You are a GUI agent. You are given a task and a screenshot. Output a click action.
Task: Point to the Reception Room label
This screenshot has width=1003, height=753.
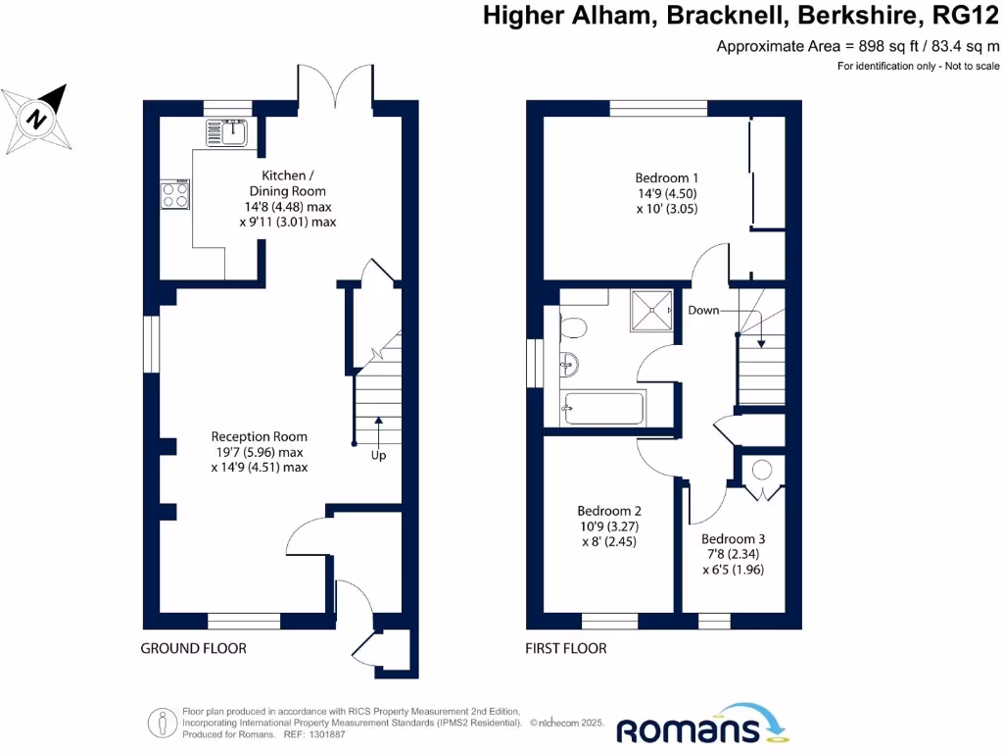click(260, 436)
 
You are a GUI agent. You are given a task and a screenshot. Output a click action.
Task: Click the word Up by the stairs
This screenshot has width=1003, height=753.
click(378, 456)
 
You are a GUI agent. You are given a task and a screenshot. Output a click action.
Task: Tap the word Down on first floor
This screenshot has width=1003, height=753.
click(703, 310)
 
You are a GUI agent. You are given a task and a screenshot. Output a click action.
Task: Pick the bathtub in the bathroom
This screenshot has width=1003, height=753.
click(603, 408)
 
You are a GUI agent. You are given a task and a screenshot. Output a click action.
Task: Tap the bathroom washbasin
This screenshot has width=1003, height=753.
click(569, 365)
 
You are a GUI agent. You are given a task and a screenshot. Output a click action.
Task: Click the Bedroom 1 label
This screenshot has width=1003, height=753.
click(667, 177)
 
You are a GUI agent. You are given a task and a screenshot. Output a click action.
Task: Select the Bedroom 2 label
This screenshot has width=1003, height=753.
click(609, 511)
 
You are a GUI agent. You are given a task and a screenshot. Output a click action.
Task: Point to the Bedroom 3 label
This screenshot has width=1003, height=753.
click(733, 538)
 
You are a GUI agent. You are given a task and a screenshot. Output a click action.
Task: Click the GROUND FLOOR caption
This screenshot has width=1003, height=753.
click(193, 648)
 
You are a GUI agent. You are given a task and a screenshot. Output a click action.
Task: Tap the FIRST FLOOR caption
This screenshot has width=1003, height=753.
click(566, 648)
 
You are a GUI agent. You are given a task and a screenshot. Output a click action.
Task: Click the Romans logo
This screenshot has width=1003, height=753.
click(701, 727)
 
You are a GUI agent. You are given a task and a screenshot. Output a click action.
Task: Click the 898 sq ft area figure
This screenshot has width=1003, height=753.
click(889, 46)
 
